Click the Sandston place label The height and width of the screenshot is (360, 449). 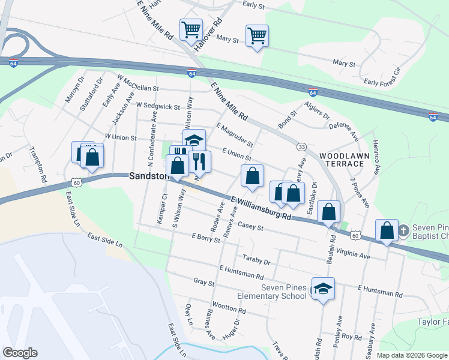tap(146, 176)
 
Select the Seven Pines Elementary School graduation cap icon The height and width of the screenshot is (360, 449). tap(323, 289)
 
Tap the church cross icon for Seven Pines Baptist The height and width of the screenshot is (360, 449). tap(405, 230)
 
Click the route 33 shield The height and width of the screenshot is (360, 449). tap(301, 146)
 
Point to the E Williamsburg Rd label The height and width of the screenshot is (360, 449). tap(260, 208)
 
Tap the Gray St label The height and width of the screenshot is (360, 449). tap(204, 281)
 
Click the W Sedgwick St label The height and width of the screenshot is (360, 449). tap(158, 106)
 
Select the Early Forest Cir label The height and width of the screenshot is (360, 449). tap(381, 82)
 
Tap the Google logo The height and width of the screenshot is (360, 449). tap(20, 352)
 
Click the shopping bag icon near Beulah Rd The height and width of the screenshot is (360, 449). tap(329, 211)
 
